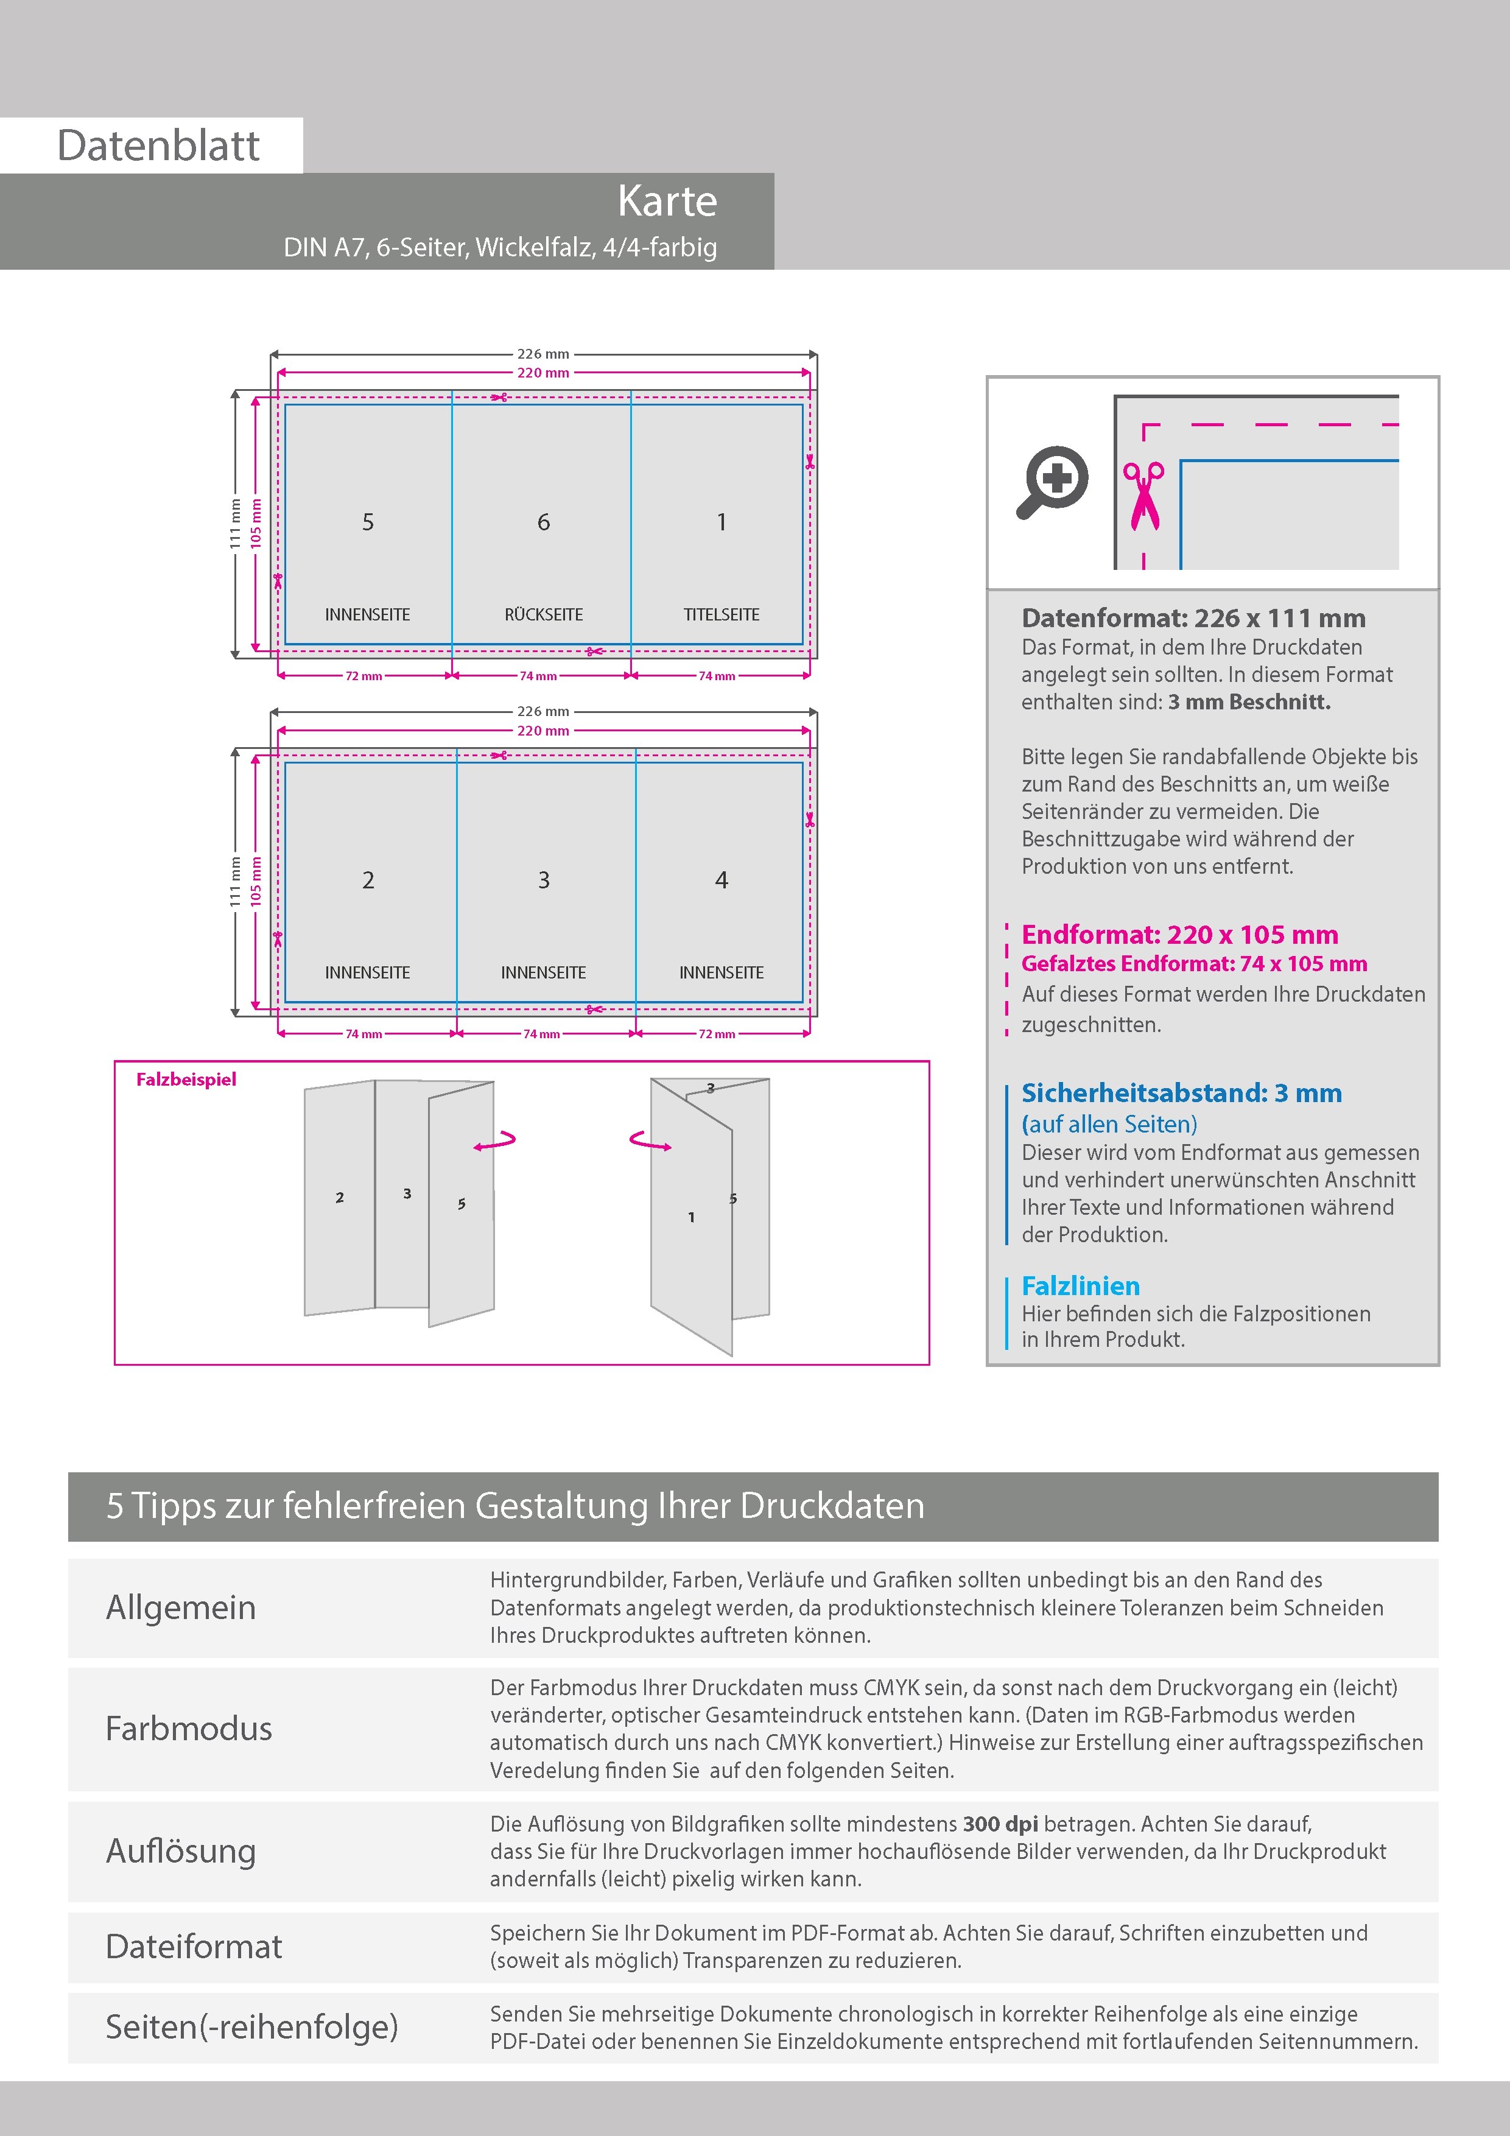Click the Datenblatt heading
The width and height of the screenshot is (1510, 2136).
coord(158,145)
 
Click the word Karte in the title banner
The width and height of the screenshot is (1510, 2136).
coord(667,201)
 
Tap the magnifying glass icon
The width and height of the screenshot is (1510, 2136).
coord(1052,481)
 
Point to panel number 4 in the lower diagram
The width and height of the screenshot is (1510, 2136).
coord(721,880)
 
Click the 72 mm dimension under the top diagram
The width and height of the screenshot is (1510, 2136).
coord(363,676)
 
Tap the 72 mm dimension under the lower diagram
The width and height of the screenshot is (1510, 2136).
coord(717,1033)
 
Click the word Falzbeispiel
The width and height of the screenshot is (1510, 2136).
coord(186,1079)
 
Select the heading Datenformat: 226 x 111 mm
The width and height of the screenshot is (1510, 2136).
coord(1193,618)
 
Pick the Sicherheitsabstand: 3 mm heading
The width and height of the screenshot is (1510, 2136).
coord(1181,1092)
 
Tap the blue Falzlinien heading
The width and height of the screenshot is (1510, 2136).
coord(1080,1286)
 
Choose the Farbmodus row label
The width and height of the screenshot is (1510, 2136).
coord(189,1729)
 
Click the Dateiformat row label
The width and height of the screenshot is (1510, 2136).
coord(194,1946)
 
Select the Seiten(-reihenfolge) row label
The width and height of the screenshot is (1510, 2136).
coord(251,2026)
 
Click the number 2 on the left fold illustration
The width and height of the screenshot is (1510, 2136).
coord(340,1197)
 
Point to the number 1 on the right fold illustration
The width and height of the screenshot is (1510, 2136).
coord(691,1217)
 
